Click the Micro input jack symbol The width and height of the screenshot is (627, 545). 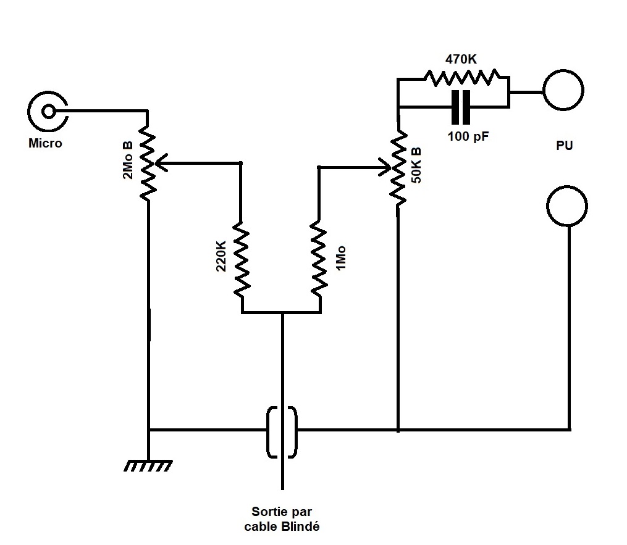pos(47,111)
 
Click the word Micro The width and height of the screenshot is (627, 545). pos(45,144)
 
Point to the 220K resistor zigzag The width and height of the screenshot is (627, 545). pos(241,259)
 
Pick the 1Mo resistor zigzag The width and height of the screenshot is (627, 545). pos(319,259)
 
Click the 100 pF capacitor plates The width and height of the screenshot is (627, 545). pos(461,107)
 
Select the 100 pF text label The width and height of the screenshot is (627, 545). pos(468,136)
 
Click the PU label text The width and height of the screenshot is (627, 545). pos(564,146)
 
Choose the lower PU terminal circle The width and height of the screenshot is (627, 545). pos(567,206)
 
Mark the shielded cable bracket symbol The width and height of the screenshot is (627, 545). pos(282,431)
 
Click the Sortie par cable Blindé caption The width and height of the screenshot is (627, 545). pos(282,519)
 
